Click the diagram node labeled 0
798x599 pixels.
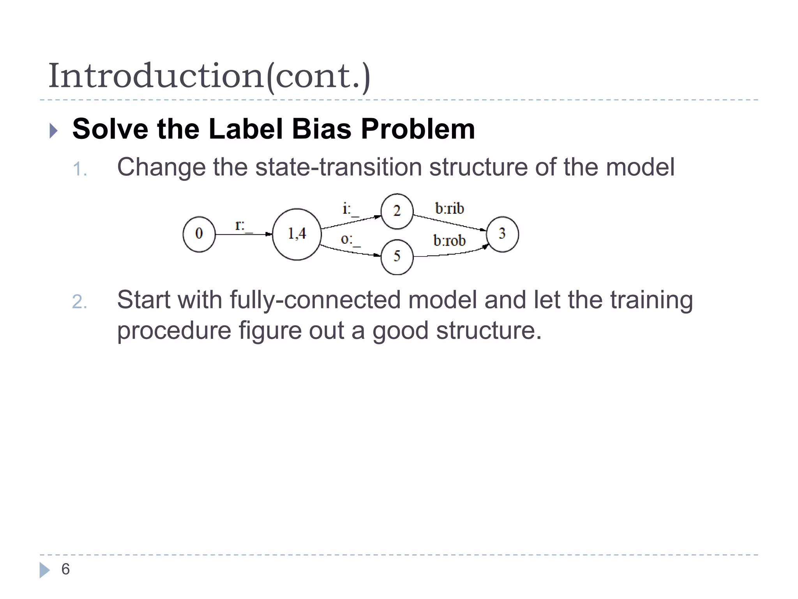coord(199,234)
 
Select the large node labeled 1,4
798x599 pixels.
coord(297,234)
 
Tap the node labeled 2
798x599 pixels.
coord(397,211)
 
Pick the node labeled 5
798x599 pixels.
coord(397,257)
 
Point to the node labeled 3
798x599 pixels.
coord(502,234)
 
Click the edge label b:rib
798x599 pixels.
coord(450,209)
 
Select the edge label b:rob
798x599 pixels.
coord(449,241)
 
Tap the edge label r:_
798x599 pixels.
coord(244,226)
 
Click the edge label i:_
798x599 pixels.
coord(350,209)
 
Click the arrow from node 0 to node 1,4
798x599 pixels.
coord(244,234)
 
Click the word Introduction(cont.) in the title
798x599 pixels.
coord(209,76)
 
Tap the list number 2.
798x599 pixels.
coord(79,302)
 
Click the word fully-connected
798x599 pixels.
coord(315,300)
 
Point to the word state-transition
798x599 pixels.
coord(338,167)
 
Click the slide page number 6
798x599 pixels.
coord(65,569)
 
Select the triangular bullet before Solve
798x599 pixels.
coord(53,131)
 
